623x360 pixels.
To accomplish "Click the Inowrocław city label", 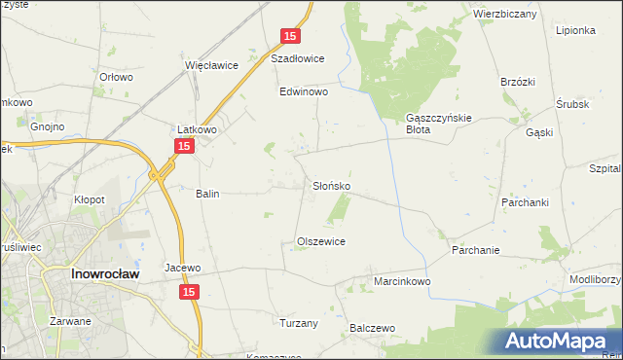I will pyautogui.click(x=106, y=274).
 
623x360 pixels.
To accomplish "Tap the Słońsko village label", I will pyautogui.click(x=331, y=185).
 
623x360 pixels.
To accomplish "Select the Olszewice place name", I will pyautogui.click(x=321, y=241).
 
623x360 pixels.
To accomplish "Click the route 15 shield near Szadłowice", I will pyautogui.click(x=289, y=36).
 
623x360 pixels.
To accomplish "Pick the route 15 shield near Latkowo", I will pyautogui.click(x=185, y=145).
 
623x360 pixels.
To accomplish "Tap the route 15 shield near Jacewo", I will pyautogui.click(x=190, y=292).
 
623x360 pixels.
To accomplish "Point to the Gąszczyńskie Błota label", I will pyautogui.click(x=438, y=124).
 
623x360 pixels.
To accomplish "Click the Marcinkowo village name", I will pyautogui.click(x=402, y=281).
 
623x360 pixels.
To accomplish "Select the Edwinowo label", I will pyautogui.click(x=304, y=91).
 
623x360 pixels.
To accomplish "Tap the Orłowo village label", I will pyautogui.click(x=116, y=77).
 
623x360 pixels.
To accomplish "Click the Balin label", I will pyautogui.click(x=207, y=194).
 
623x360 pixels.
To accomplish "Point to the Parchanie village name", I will pyautogui.click(x=475, y=250).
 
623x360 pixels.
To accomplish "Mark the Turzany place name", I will pyautogui.click(x=298, y=323).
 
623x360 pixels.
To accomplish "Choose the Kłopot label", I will pyautogui.click(x=91, y=199).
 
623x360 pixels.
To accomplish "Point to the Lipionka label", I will pyautogui.click(x=575, y=30).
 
